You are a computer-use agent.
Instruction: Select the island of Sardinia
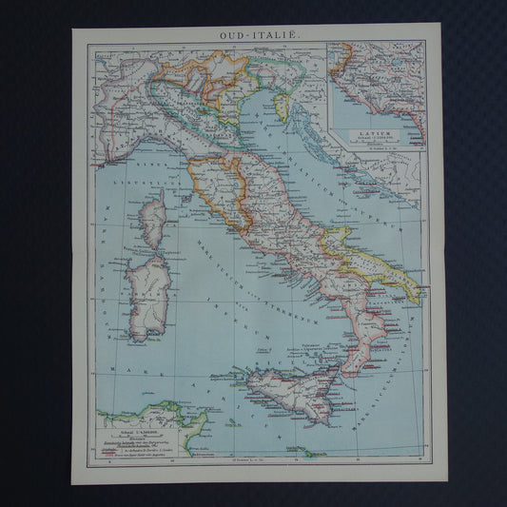149,294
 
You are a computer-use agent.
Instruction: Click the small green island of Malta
307,452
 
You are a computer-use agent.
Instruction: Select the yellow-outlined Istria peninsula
283,106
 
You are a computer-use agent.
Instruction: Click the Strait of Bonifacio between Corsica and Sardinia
150,251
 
